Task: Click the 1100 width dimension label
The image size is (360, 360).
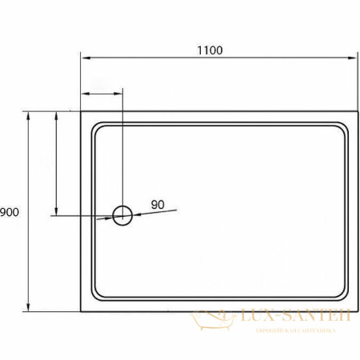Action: (x=210, y=50)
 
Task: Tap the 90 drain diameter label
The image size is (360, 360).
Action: (x=157, y=205)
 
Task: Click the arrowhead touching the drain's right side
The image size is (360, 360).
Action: (x=136, y=214)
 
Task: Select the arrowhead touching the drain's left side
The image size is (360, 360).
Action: (x=110, y=216)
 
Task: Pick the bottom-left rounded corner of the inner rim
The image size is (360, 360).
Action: (x=97, y=298)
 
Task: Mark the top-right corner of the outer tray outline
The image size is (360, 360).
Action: (x=355, y=111)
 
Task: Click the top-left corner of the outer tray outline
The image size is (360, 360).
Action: (x=81, y=111)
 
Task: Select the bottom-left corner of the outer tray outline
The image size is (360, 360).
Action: (x=81, y=311)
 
